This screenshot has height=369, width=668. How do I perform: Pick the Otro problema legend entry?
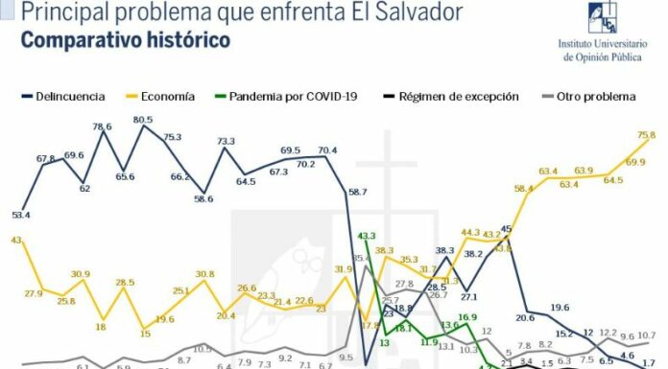click(595, 97)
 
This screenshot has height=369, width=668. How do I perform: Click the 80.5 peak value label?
click(143, 120)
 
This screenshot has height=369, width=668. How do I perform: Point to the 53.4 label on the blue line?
click(20, 215)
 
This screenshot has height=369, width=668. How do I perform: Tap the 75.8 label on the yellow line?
click(646, 136)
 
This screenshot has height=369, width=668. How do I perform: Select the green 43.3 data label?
click(366, 236)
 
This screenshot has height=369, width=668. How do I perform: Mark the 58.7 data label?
click(358, 193)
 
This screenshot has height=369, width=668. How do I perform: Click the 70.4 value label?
click(327, 150)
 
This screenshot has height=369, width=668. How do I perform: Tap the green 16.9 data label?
click(466, 317)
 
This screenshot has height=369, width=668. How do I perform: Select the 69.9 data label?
click(635, 163)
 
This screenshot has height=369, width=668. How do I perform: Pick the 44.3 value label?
click(470, 232)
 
